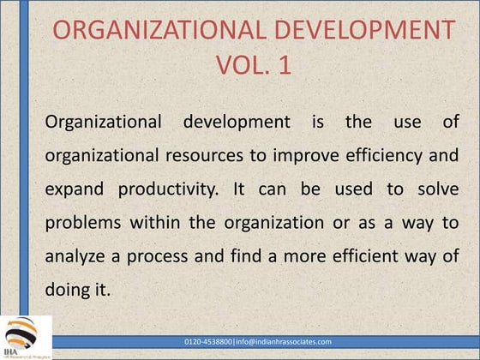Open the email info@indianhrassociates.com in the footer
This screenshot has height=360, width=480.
pyautogui.click(x=290, y=341)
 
